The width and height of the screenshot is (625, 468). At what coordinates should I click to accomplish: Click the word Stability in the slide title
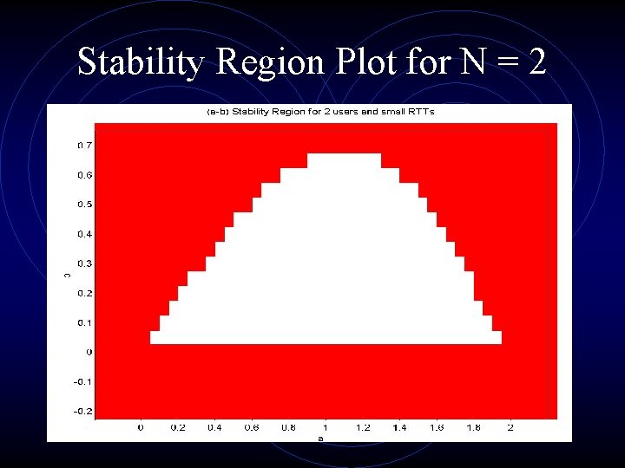tap(141, 61)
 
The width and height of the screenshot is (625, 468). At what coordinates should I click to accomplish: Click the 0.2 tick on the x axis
tap(178, 428)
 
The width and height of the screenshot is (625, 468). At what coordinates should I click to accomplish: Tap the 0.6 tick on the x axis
tap(252, 428)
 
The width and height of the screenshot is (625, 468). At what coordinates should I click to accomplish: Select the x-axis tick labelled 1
tap(326, 428)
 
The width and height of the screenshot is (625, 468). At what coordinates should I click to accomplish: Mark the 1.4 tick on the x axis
tap(399, 428)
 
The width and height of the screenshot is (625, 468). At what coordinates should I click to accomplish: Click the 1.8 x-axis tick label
tap(473, 428)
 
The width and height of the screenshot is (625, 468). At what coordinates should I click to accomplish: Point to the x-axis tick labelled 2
tap(510, 428)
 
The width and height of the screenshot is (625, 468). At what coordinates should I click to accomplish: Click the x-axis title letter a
tap(320, 439)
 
